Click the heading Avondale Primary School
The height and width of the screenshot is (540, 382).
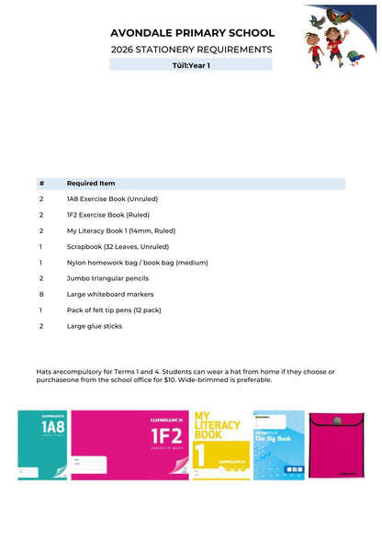[191, 32]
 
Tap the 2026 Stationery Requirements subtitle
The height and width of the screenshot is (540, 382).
[191, 49]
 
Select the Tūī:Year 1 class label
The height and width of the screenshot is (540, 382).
[191, 65]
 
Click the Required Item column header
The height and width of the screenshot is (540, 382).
[91, 183]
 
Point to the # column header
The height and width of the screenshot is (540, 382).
[41, 183]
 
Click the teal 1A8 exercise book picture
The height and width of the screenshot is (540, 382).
[42, 445]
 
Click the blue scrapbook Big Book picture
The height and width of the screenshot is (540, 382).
[278, 445]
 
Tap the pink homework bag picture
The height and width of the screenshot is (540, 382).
[336, 445]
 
